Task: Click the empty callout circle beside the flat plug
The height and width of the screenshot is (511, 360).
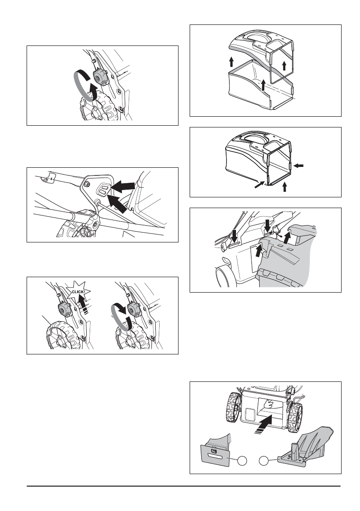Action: (x=242, y=461)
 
